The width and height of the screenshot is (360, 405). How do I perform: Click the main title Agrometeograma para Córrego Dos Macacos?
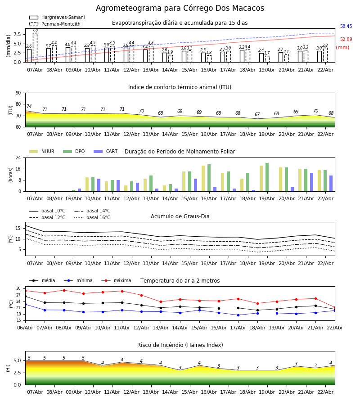[x=180, y=9]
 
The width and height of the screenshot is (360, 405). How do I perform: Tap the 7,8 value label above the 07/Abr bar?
[x=35, y=30]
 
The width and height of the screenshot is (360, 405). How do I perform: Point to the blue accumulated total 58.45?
[x=346, y=27]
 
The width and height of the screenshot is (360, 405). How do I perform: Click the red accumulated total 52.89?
[x=346, y=40]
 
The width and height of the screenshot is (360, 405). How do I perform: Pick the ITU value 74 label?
[x=29, y=107]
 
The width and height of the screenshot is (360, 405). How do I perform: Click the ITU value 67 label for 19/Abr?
[x=257, y=115]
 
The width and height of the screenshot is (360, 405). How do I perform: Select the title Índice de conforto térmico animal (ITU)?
[x=180, y=87]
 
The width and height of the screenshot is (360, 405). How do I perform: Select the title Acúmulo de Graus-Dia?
[x=180, y=216]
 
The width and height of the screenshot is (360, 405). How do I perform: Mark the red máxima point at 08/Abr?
[x=64, y=290]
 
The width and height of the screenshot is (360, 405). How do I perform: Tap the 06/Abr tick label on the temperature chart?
[x=25, y=328]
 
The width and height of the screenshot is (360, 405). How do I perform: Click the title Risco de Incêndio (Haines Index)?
[x=180, y=345]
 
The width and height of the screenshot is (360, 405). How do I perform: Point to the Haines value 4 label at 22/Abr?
[x=330, y=363]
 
